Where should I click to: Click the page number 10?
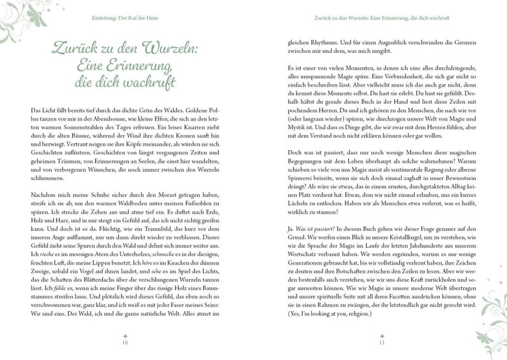125,343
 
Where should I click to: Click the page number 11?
381,343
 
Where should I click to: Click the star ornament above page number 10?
125,336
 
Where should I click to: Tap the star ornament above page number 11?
381,336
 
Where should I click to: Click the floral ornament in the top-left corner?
19,19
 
